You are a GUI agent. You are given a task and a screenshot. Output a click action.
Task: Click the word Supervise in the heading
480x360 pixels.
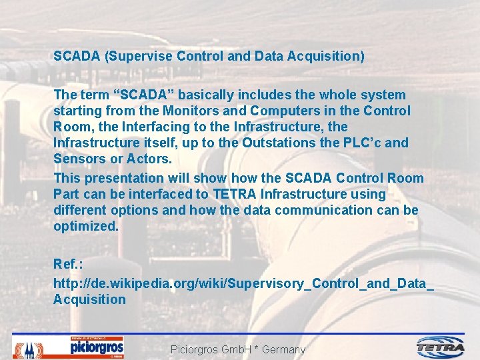pyautogui.click(x=139, y=57)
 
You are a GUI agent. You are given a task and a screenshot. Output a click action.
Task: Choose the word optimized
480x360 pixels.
pyautogui.click(x=85, y=226)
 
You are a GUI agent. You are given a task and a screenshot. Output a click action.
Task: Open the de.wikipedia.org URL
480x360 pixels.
pyautogui.click(x=243, y=283)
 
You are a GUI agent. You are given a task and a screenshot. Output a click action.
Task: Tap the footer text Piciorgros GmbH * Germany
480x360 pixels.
pyautogui.click(x=238, y=349)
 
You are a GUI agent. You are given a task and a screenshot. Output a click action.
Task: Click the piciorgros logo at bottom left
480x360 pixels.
pyautogui.click(x=97, y=347)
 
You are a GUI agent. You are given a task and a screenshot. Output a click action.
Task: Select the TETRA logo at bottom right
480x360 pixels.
pyautogui.click(x=441, y=347)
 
